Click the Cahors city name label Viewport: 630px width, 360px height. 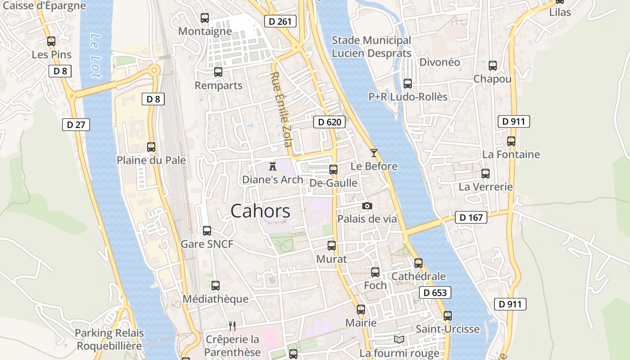(261, 211)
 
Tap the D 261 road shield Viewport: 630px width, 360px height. (280, 21)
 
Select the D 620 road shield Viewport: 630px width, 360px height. (329, 122)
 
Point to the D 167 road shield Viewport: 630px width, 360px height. (471, 217)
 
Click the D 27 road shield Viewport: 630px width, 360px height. (76, 125)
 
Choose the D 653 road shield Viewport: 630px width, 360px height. (435, 292)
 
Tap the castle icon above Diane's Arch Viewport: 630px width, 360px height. (272, 166)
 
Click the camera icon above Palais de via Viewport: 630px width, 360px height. (367, 206)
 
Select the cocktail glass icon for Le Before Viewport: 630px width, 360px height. (373, 153)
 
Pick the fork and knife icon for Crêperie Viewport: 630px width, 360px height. (232, 326)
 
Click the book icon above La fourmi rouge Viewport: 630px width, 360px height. (399, 339)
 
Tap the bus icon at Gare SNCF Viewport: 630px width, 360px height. (207, 230)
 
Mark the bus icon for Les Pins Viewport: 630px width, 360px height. (51, 41)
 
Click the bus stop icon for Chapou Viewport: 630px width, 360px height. (492, 66)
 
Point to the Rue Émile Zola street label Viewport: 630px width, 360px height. (281, 109)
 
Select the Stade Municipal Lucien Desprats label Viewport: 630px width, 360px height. (371, 47)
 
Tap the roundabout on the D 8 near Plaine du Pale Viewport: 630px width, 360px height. (154, 70)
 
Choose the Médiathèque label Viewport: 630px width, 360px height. (216, 299)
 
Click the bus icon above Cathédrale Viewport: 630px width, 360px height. (418, 263)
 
